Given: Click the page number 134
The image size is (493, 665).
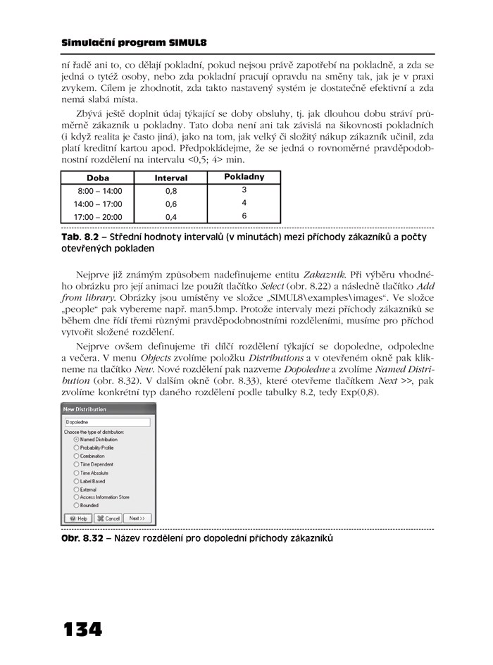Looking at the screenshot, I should coord(83,628).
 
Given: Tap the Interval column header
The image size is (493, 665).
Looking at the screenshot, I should coord(171,178).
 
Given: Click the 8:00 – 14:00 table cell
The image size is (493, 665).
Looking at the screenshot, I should coord(99,191).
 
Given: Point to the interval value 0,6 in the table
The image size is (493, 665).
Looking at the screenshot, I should coord(171,204).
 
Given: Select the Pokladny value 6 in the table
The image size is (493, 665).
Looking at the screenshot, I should coord(244,216).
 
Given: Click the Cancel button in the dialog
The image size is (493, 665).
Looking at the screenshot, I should coord(108,518).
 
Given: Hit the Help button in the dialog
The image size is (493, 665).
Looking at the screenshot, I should coord(77,518).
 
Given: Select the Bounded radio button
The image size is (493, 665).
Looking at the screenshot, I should coord(76,505).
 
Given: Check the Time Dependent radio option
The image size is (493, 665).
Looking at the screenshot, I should coord(76,464).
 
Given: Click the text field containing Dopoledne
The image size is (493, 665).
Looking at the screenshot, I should coord(108,422).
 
